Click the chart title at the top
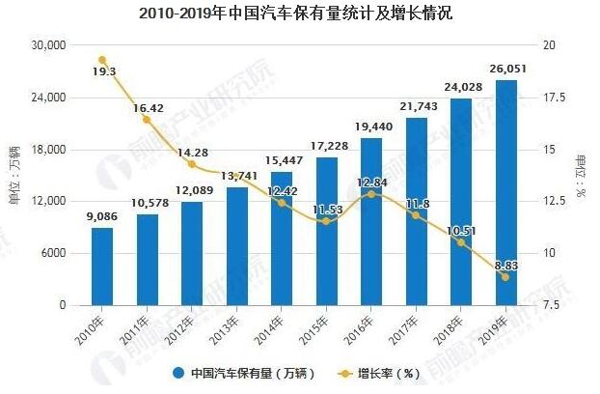coord(299,14)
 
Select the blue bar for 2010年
coord(102,267)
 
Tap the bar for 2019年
coord(506,193)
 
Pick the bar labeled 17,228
coord(327,232)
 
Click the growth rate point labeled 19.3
coord(102,60)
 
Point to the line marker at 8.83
coord(506,277)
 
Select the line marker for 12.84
coord(371,194)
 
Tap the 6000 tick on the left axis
coord(54,253)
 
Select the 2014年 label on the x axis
coord(273,324)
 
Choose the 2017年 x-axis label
coord(407,324)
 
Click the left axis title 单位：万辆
coord(14,175)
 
